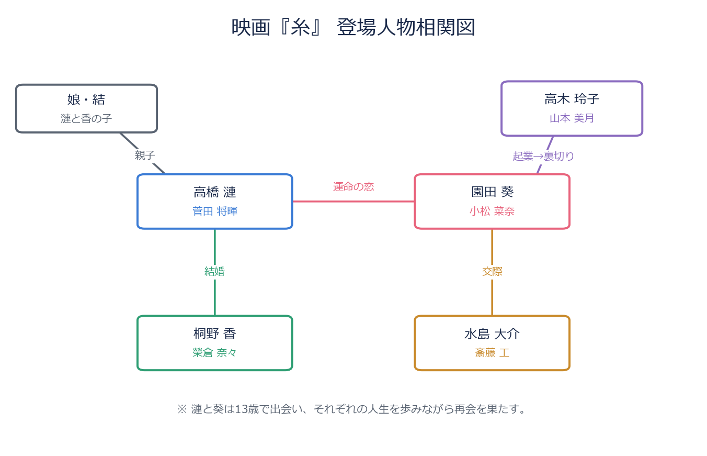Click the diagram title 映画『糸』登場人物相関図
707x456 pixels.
point(353,27)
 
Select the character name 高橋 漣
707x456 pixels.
point(214,192)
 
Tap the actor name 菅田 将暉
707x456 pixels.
point(214,211)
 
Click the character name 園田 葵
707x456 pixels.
point(492,192)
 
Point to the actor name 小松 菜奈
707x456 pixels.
point(492,211)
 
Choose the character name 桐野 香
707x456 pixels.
point(214,333)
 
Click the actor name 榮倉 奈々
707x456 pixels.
point(214,352)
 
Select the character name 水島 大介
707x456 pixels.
point(492,334)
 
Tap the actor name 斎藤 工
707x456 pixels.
point(492,353)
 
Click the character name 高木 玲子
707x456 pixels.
point(572,99)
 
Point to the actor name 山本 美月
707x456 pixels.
point(572,118)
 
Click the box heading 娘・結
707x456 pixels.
point(86,99)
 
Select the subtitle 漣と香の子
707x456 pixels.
point(86,118)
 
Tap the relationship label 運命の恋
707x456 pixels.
point(353,187)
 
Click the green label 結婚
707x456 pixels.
point(214,271)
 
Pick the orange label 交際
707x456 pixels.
point(492,271)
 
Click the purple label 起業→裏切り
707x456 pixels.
point(543,156)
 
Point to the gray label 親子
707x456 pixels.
point(145,155)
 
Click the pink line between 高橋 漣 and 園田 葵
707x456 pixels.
point(353,201)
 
